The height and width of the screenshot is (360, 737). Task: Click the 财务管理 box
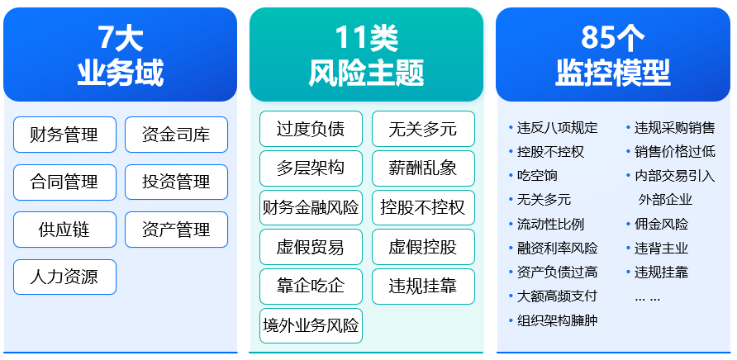[x=65, y=135]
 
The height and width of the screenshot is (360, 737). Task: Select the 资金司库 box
[x=176, y=135]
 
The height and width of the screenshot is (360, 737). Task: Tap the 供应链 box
[x=65, y=230]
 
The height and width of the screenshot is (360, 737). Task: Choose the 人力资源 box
[x=65, y=277]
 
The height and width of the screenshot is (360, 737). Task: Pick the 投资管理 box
[x=176, y=182]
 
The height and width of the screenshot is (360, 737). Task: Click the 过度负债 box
[x=311, y=128]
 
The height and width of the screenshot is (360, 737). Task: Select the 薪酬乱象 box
[x=423, y=168]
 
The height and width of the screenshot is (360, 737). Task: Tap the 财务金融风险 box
[x=311, y=207]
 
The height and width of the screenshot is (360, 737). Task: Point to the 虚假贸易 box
[x=311, y=247]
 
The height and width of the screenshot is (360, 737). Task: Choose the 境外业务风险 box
[x=311, y=325]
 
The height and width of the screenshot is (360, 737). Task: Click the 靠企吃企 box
[x=311, y=287]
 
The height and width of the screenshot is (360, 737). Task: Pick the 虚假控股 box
[x=423, y=247]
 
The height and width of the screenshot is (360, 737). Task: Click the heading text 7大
[x=121, y=38]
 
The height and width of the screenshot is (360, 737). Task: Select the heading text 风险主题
[x=366, y=73]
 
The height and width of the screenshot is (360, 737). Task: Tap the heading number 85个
[x=612, y=38]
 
